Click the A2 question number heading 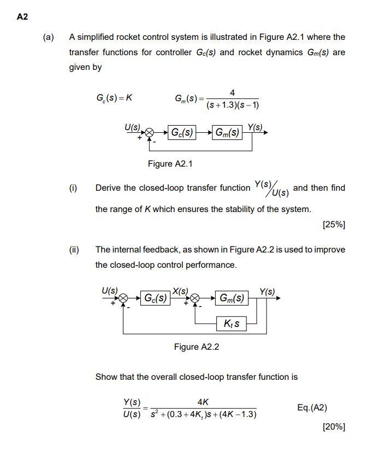point(22,16)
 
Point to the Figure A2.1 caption point(170,164)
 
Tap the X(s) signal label point(180,290)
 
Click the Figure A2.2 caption point(196,347)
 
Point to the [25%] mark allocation point(334,224)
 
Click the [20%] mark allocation point(334,426)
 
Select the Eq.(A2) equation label point(312,407)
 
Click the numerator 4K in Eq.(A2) point(203,401)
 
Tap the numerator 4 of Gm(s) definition point(233,93)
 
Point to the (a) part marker point(49,37)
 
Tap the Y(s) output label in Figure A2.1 point(255,127)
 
